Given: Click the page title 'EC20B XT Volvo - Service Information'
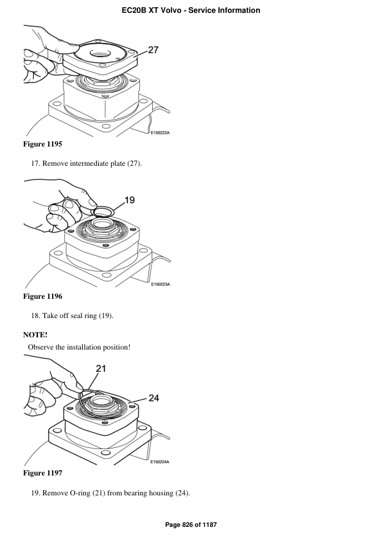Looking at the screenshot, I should coord(191,10).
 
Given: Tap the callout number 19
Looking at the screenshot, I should coord(129,200).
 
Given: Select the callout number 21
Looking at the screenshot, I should coord(101,368).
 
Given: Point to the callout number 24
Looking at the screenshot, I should coord(154,398).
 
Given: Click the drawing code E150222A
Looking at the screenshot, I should coord(164,133).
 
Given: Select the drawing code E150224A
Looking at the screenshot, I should coord(164,461).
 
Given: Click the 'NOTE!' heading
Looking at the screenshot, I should coord(35,335).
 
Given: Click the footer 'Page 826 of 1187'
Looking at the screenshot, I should coord(191,525).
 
